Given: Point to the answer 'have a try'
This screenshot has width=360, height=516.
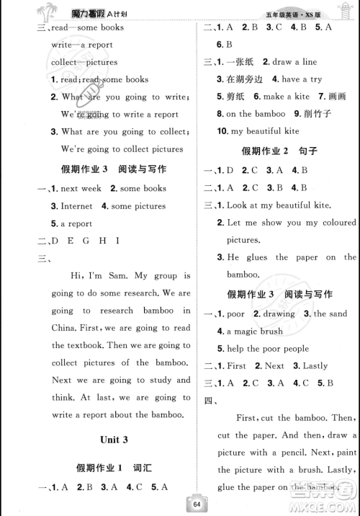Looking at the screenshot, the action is pyautogui.click(x=302, y=79).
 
